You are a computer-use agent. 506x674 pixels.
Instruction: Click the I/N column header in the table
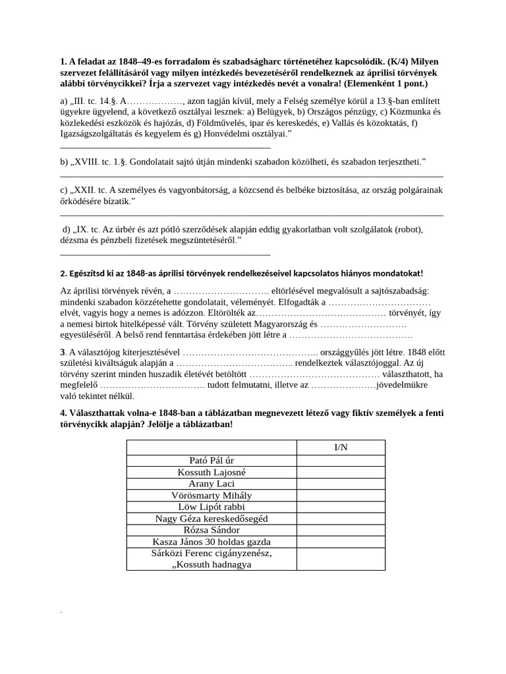pos(341,448)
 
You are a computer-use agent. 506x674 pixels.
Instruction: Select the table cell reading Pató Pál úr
pos(211,460)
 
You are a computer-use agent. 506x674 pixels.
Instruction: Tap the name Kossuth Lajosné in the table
pos(211,472)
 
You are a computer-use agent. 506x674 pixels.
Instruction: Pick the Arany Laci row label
pos(211,483)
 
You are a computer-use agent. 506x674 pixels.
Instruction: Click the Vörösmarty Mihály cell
pos(211,495)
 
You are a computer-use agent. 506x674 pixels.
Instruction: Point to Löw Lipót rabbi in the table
pos(211,507)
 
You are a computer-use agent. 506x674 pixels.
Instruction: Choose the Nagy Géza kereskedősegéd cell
pos(211,518)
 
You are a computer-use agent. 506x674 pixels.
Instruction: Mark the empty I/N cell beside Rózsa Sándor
pos(341,530)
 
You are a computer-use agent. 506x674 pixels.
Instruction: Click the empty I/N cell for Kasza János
pos(341,542)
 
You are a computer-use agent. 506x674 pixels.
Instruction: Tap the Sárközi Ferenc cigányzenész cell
pos(211,553)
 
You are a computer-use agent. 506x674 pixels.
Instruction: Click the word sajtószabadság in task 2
pos(394,290)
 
